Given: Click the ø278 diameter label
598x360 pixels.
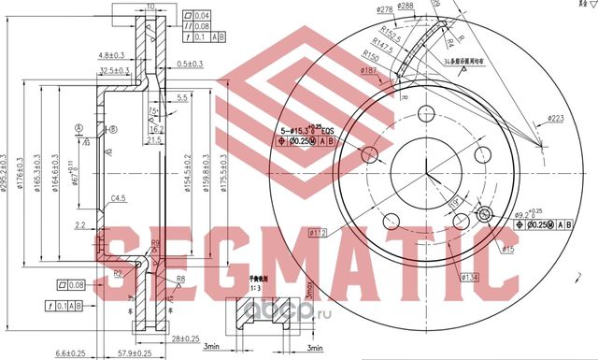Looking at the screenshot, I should [x=359, y=9].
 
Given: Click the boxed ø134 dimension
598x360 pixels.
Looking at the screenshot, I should [x=471, y=277].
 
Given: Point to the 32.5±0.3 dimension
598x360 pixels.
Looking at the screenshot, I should [x=114, y=71].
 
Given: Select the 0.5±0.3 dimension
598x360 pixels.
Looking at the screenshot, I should [x=192, y=65].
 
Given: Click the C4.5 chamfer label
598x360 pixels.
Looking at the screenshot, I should [x=119, y=199].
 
